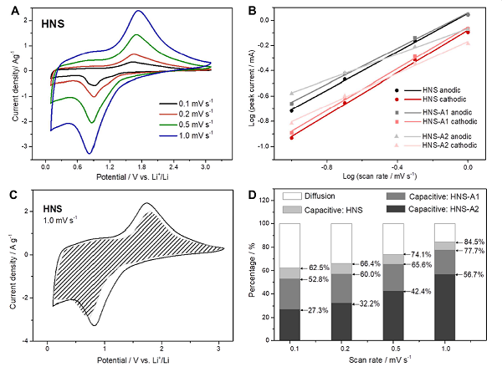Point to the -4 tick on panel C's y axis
point(36,342)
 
